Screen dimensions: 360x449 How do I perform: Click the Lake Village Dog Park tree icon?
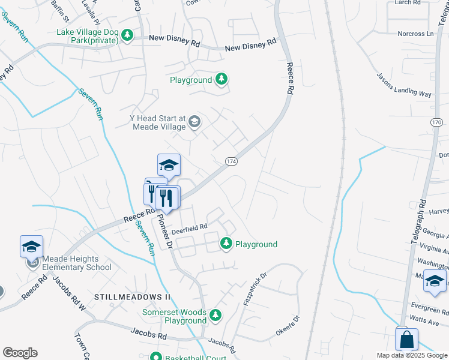tap(127, 35)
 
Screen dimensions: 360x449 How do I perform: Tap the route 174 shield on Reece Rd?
tap(232, 162)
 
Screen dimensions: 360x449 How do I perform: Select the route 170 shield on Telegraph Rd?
tap(436, 122)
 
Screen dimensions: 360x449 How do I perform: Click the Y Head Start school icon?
tap(194, 122)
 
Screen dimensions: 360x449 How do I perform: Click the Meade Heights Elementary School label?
tap(76, 263)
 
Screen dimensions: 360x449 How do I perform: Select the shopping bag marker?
tap(407, 339)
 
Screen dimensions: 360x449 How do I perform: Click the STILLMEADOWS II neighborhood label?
tap(132, 297)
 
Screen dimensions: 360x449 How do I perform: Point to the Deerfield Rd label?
tap(189, 227)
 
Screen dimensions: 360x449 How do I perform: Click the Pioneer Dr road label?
tap(165, 233)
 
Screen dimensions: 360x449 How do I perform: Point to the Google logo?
tap(20, 353)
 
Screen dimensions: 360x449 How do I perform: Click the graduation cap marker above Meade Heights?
tap(32, 246)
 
